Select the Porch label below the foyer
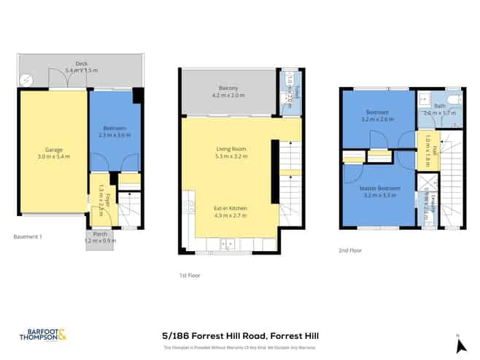point(99,234)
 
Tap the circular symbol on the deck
point(27,80)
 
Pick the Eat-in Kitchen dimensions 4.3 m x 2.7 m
point(228,216)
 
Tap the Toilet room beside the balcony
point(290,93)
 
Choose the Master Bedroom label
point(378,188)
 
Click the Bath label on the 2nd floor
point(439,107)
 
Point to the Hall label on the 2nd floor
point(433,149)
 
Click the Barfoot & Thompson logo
point(43,335)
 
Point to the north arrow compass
point(457,339)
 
